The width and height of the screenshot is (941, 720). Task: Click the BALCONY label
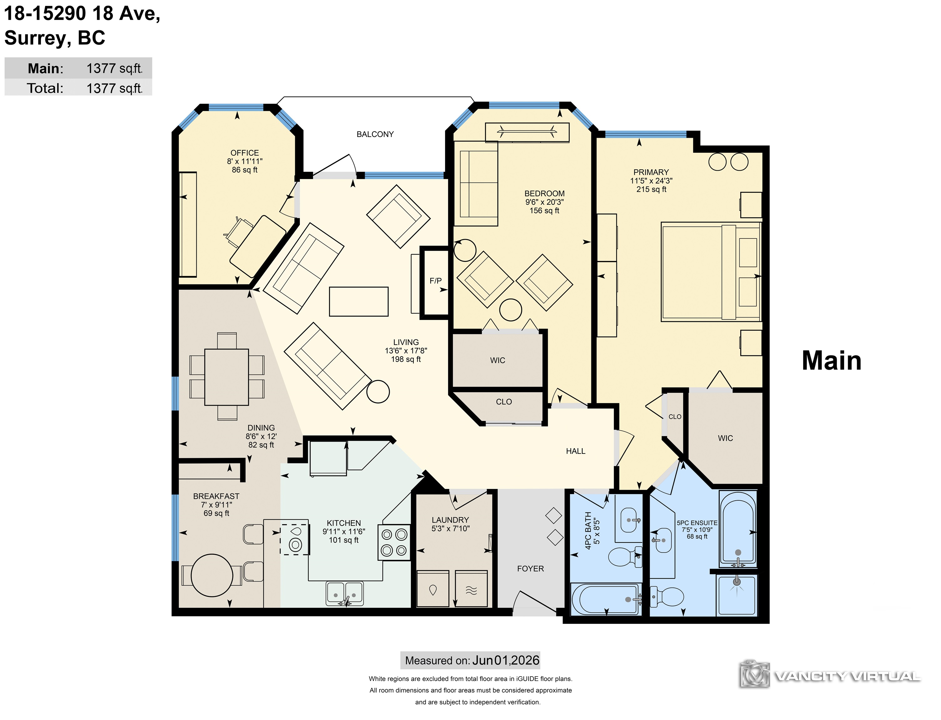point(375,134)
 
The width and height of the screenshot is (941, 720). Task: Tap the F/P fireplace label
point(435,281)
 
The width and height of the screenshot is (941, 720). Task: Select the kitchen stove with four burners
point(394,542)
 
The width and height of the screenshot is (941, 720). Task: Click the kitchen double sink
point(344,593)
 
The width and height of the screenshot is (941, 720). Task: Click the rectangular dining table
point(226,377)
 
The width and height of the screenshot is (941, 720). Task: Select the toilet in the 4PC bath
point(625,556)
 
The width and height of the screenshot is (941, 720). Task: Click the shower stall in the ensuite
point(737,595)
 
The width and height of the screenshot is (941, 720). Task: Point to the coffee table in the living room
point(359,302)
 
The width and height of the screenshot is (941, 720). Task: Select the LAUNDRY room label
point(450,520)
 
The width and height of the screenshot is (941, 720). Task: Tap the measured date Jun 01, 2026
point(506,660)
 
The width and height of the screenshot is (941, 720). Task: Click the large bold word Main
point(831,361)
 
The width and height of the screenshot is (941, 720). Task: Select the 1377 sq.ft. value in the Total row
point(114,88)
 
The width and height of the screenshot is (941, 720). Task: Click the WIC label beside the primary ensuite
point(725,438)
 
